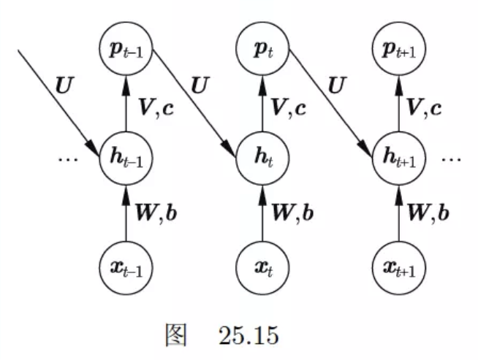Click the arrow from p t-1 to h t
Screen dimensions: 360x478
click(x=194, y=102)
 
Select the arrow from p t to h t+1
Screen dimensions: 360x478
click(x=330, y=102)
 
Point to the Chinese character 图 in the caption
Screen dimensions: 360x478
click(x=177, y=337)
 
